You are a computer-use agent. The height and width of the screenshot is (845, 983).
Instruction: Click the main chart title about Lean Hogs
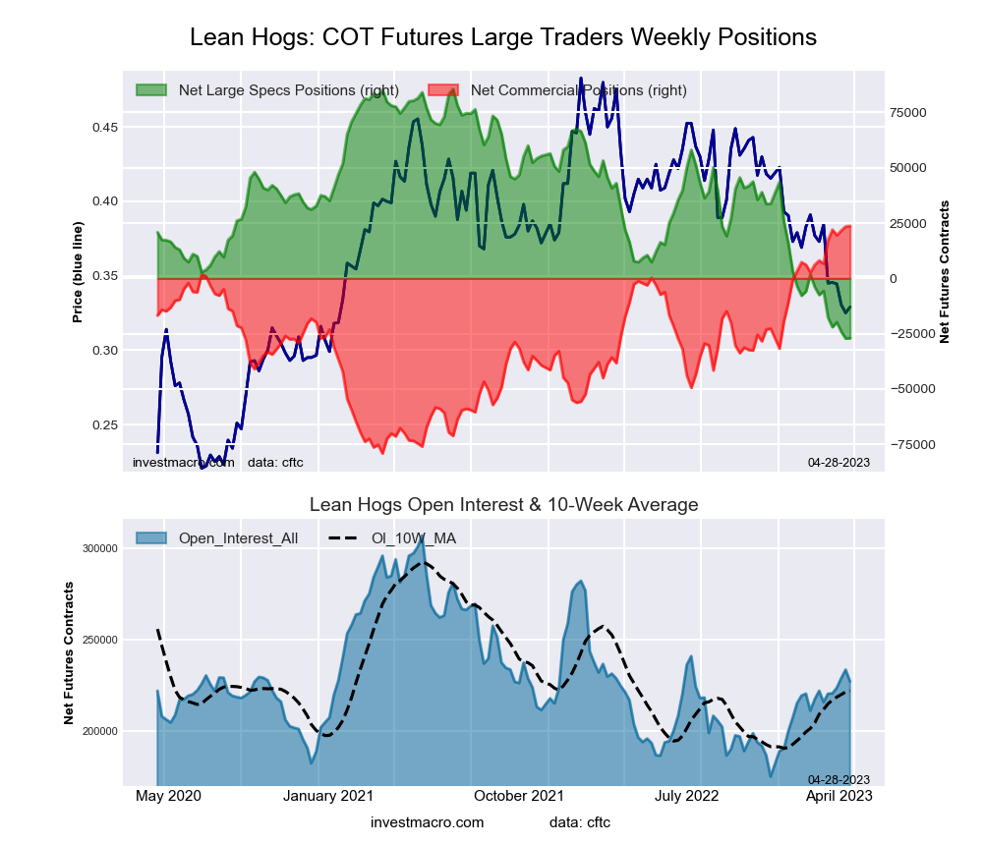(x=502, y=37)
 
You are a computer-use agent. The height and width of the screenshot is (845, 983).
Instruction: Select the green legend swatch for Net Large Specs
(x=152, y=90)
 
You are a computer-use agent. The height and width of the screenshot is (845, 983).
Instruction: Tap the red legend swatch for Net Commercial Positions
(x=444, y=90)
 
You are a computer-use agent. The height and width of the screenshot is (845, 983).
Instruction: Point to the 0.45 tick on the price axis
(x=105, y=128)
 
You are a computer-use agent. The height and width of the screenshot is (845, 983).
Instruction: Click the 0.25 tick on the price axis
(x=105, y=425)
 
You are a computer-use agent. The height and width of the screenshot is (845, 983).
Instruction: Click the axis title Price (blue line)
(x=78, y=272)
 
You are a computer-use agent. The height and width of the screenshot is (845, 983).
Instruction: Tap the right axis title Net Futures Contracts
(x=945, y=272)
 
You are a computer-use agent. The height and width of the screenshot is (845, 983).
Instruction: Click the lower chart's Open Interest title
(x=503, y=505)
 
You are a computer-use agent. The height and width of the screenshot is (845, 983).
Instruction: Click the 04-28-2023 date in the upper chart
(x=838, y=462)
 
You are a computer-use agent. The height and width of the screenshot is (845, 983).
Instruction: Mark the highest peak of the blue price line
(x=581, y=79)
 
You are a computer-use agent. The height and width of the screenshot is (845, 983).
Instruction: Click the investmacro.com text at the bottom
(x=428, y=822)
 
